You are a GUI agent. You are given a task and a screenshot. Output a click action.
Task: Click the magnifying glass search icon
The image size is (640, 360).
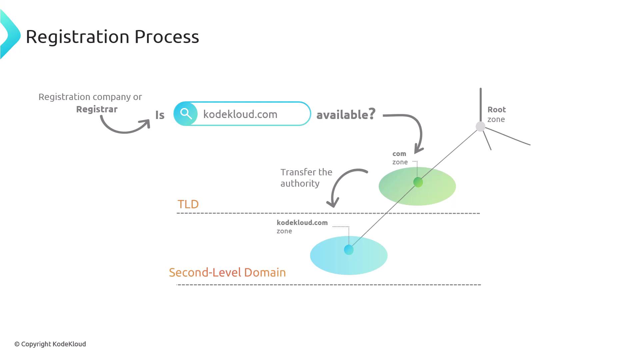tap(186, 114)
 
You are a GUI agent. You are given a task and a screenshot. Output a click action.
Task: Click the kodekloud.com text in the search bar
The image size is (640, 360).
tap(240, 114)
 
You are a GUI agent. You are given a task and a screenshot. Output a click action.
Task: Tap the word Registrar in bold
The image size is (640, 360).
tap(97, 109)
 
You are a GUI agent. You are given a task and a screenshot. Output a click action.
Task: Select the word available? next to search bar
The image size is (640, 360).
tap(346, 114)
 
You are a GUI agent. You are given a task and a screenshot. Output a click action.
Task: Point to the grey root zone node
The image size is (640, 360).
tap(480, 126)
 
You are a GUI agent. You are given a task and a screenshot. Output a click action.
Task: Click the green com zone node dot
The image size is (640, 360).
tap(418, 182)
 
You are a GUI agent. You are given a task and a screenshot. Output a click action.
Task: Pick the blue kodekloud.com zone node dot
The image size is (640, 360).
tap(349, 250)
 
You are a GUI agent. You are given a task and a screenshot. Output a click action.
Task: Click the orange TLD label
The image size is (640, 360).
tap(188, 204)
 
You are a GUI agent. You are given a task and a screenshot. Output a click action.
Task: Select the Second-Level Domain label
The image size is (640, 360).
tap(227, 272)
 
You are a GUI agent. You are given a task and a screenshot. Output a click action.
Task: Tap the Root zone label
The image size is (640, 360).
tap(496, 114)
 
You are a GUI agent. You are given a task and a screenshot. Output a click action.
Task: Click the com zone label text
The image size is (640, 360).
tap(400, 158)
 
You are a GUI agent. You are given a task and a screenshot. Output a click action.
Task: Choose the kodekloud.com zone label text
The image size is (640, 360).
tap(302, 226)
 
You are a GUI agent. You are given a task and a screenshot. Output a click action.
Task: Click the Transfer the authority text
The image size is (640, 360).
tap(306, 178)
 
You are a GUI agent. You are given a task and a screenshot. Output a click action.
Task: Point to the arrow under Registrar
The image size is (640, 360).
tap(125, 128)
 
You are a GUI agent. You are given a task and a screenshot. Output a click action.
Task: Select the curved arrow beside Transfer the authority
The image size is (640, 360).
tap(342, 183)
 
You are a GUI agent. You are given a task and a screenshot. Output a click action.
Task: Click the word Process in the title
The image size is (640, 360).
tap(166, 36)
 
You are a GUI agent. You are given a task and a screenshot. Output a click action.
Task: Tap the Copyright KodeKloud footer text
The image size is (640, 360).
tap(50, 344)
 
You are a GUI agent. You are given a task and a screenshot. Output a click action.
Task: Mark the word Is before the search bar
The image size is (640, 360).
tap(160, 115)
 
